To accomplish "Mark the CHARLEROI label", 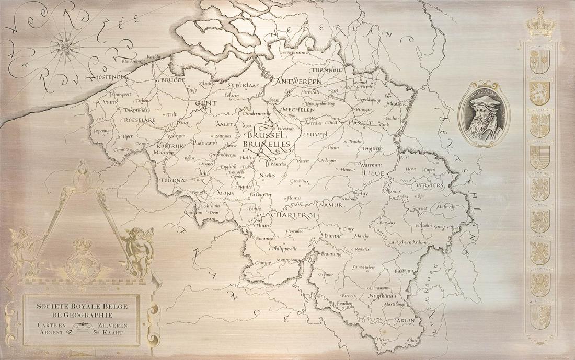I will click(295, 215).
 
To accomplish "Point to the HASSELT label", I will click(359, 122).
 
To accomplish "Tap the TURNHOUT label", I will click(328, 69).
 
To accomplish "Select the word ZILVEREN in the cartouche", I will click(112, 325).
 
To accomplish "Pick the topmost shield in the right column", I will click(540, 62).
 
